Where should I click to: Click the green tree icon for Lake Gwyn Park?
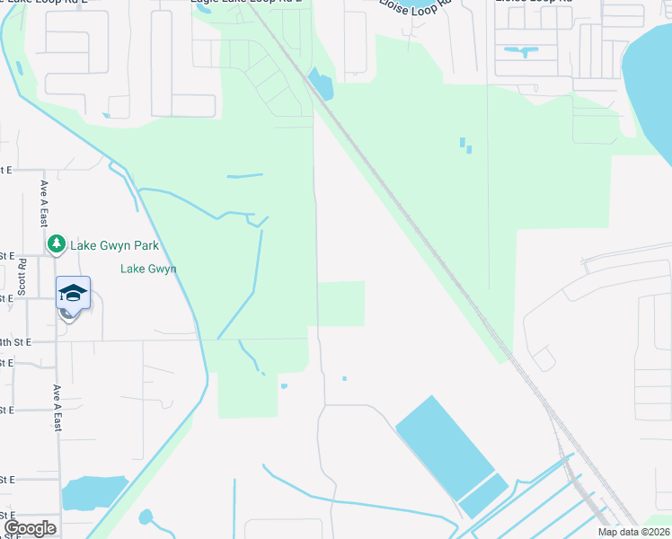point(57,243)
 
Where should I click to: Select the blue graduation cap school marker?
point(73,294)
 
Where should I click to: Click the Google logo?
point(30,528)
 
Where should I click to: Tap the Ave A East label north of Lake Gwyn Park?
point(43,203)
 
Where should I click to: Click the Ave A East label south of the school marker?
point(57,409)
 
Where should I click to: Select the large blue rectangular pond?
point(444,446)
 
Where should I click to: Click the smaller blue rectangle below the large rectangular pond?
point(483,496)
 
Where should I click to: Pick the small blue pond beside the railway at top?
point(321,84)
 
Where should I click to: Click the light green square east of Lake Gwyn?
point(341,304)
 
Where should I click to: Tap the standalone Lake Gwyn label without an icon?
point(148,269)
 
